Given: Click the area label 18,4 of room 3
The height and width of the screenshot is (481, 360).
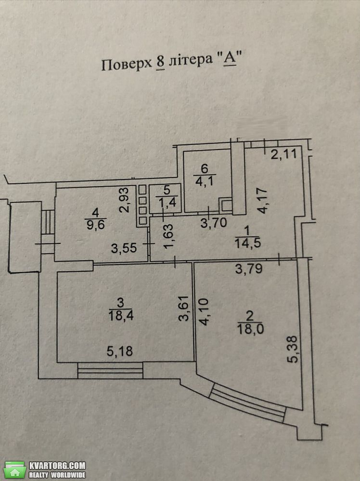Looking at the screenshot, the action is [121, 315].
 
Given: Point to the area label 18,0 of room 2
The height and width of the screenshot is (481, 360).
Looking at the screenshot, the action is [250, 329].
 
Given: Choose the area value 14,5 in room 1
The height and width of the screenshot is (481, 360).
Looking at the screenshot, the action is [248, 242].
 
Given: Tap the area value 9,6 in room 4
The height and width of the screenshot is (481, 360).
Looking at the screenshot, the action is [96, 225].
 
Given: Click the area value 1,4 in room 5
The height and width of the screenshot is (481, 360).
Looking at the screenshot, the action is [167, 203].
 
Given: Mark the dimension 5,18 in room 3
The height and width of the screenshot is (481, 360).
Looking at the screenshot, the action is [120, 351].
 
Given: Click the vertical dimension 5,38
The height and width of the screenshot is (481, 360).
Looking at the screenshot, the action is [293, 349].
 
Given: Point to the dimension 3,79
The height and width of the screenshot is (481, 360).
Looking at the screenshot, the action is [249, 269].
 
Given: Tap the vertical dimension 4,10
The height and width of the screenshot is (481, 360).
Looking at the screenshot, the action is [204, 312].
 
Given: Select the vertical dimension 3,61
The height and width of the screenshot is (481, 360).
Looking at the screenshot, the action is [183, 308].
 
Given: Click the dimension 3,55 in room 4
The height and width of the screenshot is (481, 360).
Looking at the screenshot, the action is [124, 248].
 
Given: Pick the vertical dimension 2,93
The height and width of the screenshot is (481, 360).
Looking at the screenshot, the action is [124, 200].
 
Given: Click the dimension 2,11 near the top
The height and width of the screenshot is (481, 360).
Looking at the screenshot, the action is [283, 154].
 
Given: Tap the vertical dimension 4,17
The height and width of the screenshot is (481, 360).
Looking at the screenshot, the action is [263, 201].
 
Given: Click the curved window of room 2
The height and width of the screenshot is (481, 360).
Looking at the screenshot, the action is [248, 402].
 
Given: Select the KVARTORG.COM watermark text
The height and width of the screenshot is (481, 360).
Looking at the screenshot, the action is [57, 465].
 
